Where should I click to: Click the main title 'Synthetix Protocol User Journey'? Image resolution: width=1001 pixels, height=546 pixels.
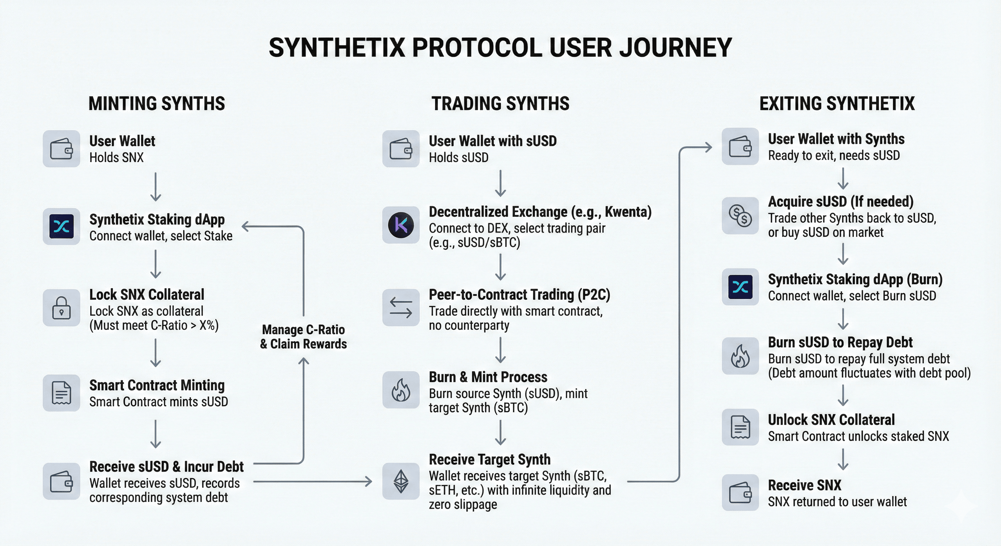pos(500,48)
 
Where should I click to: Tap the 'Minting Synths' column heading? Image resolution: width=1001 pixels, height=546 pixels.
pos(157,104)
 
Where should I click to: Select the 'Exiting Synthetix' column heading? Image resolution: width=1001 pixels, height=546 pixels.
pos(837,104)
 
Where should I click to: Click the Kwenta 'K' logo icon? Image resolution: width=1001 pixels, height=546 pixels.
pos(401,225)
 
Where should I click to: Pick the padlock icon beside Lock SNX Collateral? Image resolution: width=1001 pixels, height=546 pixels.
pos(61,308)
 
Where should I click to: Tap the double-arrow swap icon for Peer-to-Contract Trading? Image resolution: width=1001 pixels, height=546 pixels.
pos(401,307)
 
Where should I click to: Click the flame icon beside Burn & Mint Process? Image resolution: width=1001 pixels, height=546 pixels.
pos(401,390)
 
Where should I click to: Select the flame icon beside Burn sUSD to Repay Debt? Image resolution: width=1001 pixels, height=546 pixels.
pos(740,356)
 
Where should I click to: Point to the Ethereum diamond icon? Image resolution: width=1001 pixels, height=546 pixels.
pos(401,481)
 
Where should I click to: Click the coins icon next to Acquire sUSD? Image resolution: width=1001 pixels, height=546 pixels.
pos(740,216)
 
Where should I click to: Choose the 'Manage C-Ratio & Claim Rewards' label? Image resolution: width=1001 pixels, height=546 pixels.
pos(304,337)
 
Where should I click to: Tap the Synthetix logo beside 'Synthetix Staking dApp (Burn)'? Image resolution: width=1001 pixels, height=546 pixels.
pos(740,287)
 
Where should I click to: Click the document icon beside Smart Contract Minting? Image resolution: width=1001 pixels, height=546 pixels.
pos(61,393)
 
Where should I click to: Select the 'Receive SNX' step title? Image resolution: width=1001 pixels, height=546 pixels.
pos(804,485)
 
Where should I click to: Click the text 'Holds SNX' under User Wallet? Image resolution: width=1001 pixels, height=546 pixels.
pos(117,157)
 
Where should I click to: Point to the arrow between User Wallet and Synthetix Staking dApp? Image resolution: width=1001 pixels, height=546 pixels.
pos(156,187)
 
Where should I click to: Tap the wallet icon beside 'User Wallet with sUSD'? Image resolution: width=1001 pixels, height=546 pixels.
pos(401,149)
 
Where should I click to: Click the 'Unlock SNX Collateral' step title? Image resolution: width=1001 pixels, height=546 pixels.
pos(831,420)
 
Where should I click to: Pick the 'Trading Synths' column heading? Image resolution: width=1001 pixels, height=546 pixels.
pos(500,104)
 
